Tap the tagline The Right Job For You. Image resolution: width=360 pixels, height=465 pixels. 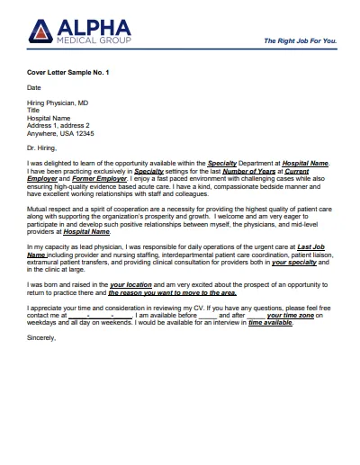coord(301,41)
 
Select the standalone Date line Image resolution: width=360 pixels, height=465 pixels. coord(34,88)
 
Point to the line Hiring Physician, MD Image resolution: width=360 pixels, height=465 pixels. coord(58,103)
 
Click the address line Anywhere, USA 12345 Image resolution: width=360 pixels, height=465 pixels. coord(61,132)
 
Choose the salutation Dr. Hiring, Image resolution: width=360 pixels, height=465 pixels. coord(43,147)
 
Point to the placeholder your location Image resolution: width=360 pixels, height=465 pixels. coord(131,284)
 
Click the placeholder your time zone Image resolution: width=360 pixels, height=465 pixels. coord(282,316)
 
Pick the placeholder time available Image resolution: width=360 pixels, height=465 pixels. coord(246,323)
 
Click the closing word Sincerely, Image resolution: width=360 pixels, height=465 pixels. coord(41,338)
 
